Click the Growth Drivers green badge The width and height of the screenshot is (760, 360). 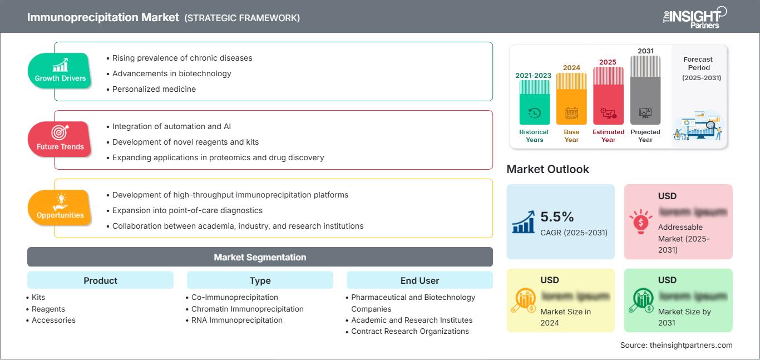click(60, 71)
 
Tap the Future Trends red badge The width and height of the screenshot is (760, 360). click(60, 139)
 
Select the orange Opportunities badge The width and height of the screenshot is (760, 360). click(60, 208)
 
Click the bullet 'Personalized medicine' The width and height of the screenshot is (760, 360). click(154, 89)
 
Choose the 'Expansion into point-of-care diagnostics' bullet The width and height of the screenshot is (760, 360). click(187, 210)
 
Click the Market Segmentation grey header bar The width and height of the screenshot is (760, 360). click(260, 257)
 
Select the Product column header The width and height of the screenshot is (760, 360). click(100, 280)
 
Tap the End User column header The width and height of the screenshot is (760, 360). click(420, 280)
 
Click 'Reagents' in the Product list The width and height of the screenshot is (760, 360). click(48, 309)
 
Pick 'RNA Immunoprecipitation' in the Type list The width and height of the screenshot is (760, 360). click(236, 320)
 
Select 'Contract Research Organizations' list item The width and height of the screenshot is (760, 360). click(409, 331)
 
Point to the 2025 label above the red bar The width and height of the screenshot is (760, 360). click(608, 62)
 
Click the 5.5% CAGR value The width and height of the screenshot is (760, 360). click(557, 216)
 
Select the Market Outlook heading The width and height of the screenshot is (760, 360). click(547, 169)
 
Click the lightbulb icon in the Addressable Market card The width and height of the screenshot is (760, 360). click(640, 221)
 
